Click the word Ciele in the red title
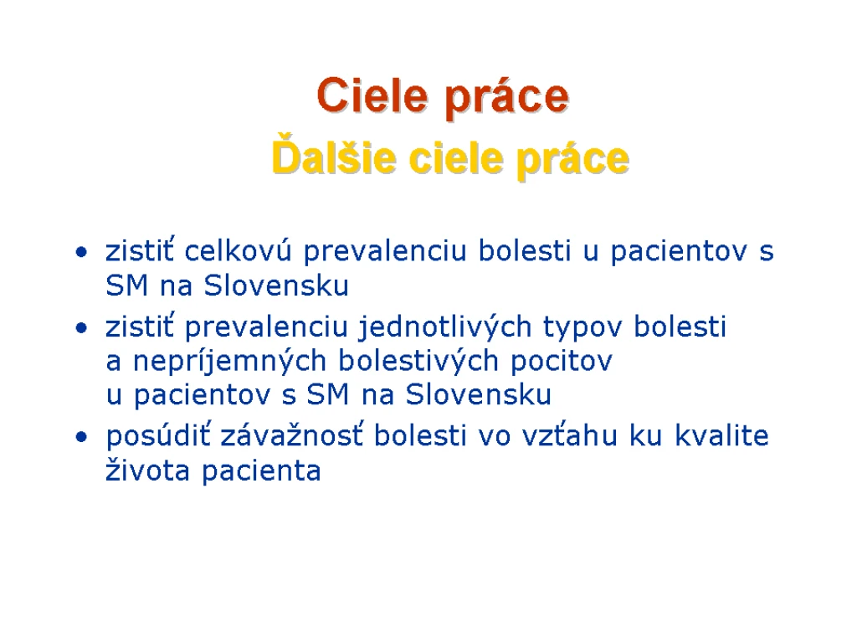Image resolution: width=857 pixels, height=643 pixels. [372, 95]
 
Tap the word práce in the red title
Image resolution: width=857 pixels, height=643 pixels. [506, 99]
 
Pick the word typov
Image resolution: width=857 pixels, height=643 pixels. [582, 329]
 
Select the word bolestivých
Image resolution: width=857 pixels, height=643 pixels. [418, 361]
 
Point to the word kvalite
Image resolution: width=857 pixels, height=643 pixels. [721, 435]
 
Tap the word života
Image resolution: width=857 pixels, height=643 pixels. [147, 471]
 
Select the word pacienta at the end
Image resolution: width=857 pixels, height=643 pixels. [261, 472]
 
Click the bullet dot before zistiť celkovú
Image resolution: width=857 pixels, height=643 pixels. [81, 253]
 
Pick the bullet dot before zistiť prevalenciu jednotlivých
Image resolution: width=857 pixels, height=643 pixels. [81, 328]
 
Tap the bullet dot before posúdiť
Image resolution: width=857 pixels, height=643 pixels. [81, 437]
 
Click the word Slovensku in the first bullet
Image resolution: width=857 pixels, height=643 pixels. [276, 285]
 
